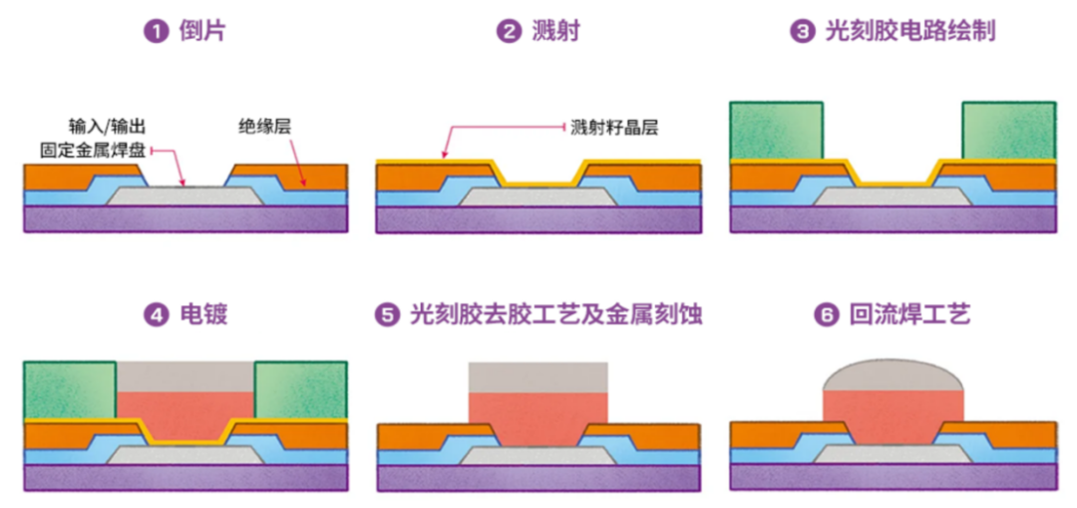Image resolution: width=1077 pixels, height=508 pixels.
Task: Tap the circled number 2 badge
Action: [x=510, y=32]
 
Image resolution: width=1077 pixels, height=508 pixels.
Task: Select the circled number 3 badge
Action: [x=802, y=32]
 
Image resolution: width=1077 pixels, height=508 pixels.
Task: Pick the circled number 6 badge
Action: [x=824, y=316]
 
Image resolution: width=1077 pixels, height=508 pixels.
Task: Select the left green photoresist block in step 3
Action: [x=776, y=130]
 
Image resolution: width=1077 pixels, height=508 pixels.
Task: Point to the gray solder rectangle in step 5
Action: [x=538, y=377]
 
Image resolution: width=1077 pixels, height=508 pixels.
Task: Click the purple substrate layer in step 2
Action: [x=538, y=220]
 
